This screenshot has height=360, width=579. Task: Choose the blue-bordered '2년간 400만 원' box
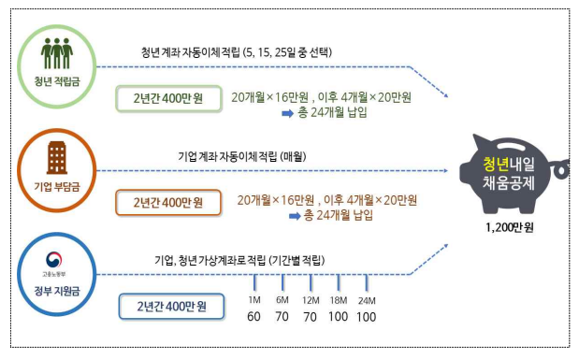click(x=171, y=307)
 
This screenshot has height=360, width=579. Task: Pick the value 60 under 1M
click(x=253, y=317)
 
